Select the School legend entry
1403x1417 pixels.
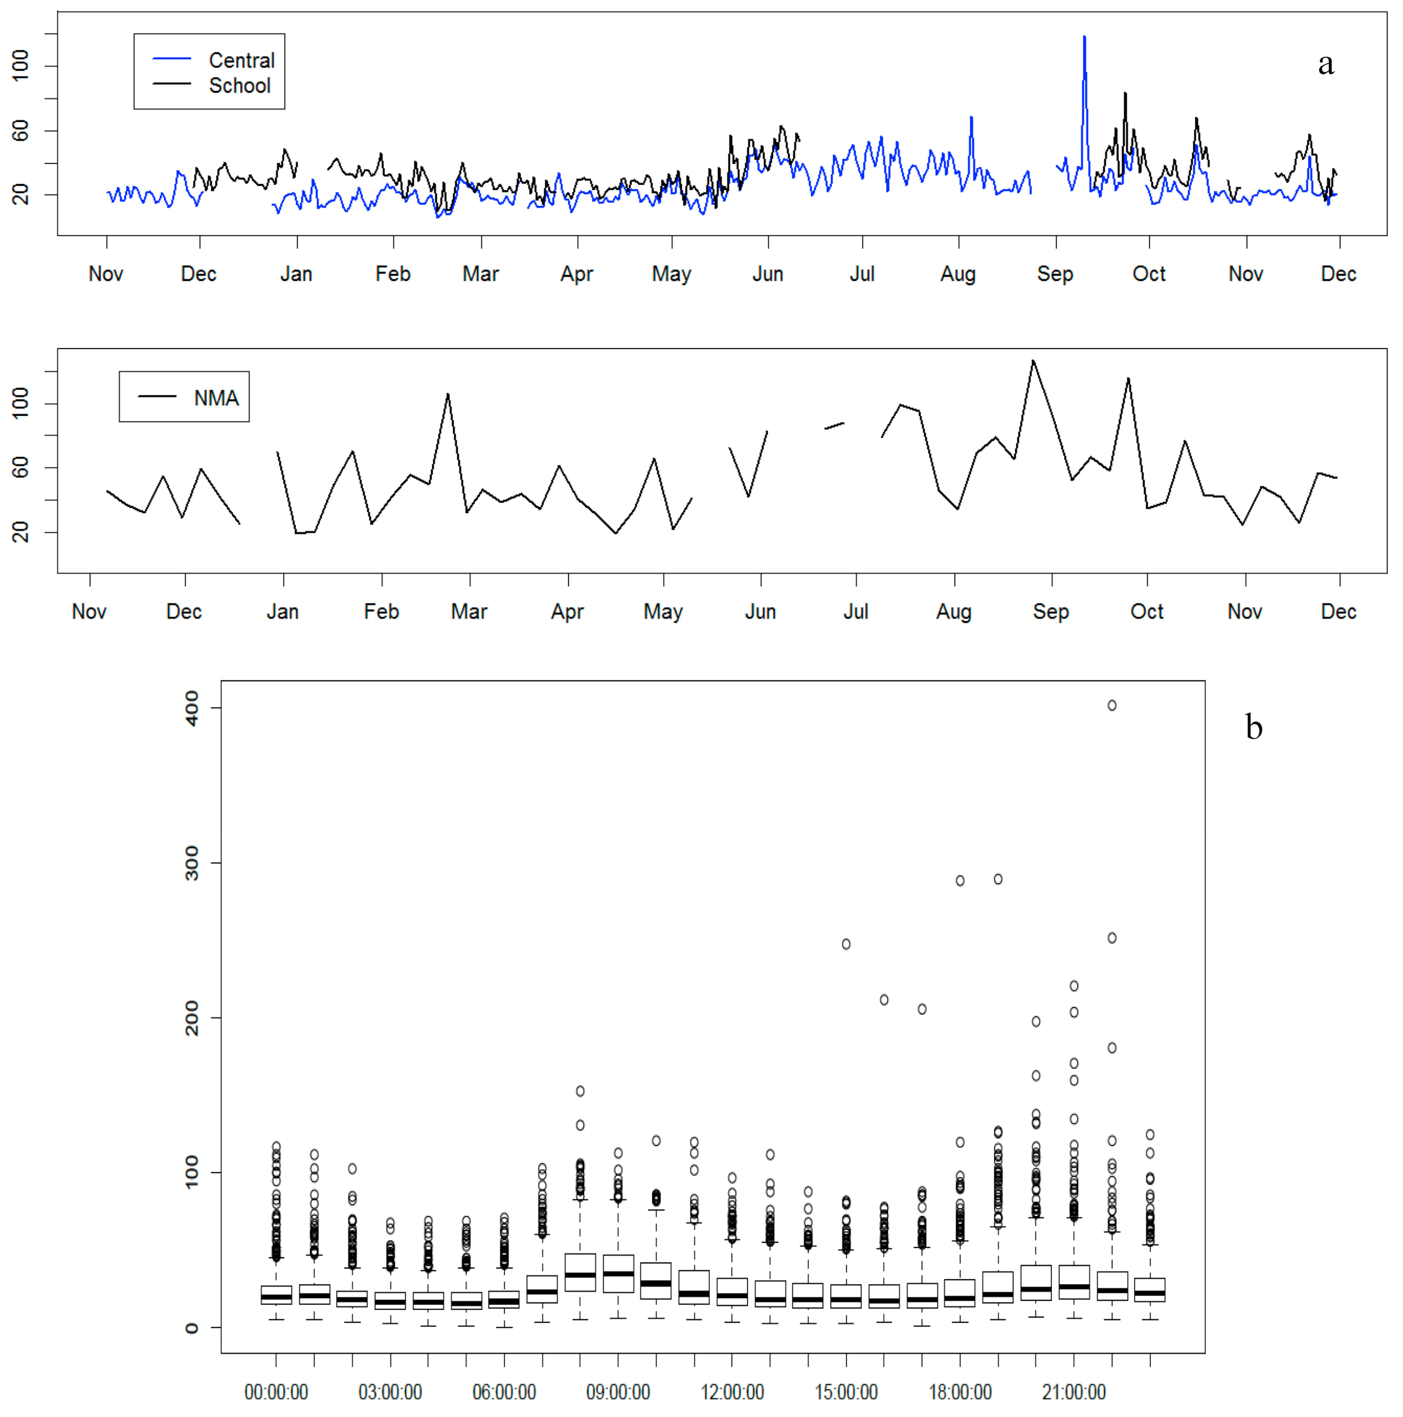click(x=239, y=86)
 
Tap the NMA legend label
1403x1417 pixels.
click(x=216, y=398)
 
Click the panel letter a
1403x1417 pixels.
click(x=1325, y=64)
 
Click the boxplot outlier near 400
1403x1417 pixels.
click(x=1112, y=706)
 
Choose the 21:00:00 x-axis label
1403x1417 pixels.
click(x=1074, y=1392)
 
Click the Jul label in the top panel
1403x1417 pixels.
click(x=862, y=274)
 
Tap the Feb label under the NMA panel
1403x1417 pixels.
click(x=381, y=612)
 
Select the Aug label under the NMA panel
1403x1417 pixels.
click(x=954, y=612)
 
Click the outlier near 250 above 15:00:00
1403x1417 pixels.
click(x=846, y=944)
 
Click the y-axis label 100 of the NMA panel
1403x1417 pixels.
click(x=20, y=404)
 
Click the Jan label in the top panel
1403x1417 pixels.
click(x=296, y=274)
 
